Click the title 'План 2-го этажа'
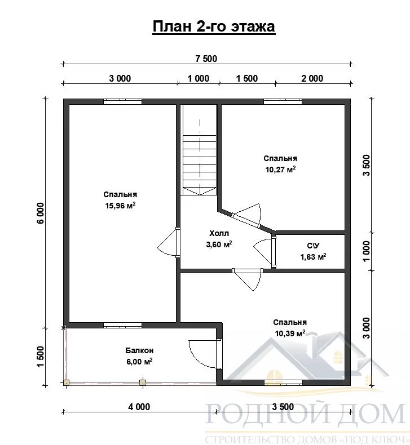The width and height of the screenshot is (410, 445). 214,26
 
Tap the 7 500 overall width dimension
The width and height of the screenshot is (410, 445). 206,59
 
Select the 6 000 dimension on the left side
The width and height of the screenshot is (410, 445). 41,213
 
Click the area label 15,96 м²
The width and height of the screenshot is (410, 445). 120,206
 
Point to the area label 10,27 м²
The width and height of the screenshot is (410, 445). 280,170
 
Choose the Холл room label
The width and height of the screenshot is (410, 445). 219,233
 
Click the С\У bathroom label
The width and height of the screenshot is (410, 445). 313,246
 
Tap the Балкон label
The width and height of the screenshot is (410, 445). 139,350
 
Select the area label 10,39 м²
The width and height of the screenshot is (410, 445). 290,333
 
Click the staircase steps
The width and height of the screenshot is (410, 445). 200,164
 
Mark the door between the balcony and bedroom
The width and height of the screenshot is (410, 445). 205,354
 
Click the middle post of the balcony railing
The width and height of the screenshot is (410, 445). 143,382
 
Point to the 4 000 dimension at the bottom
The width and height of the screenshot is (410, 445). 139,407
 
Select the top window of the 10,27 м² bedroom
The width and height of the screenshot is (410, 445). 283,101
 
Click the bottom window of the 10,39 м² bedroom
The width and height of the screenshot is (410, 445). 283,382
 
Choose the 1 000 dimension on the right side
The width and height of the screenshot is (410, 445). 367,251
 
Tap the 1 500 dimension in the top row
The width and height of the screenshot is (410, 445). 247,78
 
